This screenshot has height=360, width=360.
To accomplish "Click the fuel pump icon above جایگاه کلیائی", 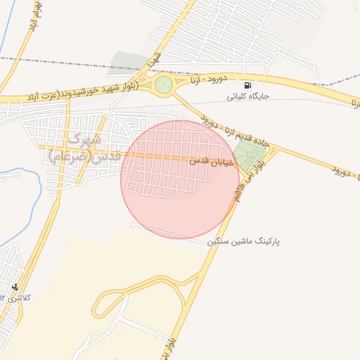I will coord(247,84).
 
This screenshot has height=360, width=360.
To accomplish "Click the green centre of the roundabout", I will coord(163,85).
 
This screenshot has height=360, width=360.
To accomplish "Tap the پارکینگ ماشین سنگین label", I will coord(244,240).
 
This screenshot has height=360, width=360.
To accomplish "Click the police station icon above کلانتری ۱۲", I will coord(15,287).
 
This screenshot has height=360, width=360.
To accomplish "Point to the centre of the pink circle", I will coord(180,179).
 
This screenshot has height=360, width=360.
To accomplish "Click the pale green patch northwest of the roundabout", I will coord(130,62).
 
